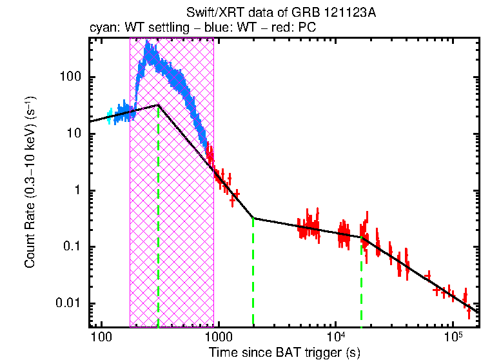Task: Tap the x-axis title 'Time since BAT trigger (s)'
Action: (x=284, y=352)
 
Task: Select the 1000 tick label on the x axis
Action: (x=218, y=337)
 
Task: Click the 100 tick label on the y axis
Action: (x=70, y=77)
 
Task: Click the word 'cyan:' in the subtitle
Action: (x=102, y=29)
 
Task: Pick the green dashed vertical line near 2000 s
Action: (x=253, y=271)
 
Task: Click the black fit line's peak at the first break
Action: (x=159, y=105)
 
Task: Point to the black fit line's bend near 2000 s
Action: (x=253, y=218)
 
